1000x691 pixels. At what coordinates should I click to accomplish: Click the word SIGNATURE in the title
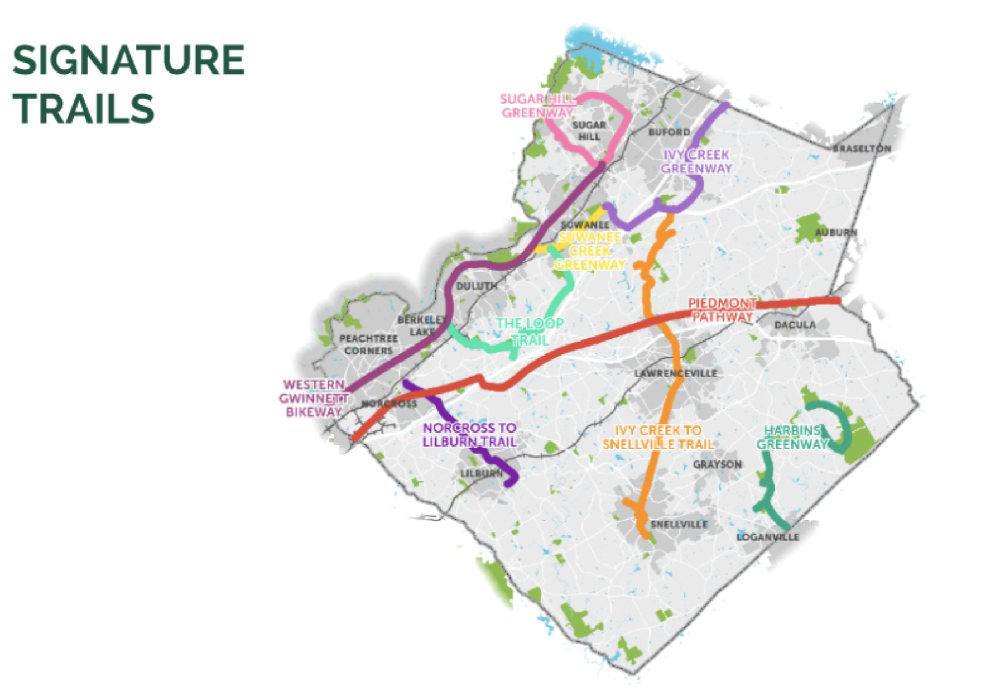[128, 60]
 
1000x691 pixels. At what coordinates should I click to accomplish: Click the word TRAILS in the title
[84, 109]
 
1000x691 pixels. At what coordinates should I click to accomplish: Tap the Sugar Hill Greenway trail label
[536, 106]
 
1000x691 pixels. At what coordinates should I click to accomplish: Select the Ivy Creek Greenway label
[696, 162]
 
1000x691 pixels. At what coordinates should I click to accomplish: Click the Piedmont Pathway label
[722, 310]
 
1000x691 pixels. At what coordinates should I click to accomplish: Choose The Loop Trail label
[530, 332]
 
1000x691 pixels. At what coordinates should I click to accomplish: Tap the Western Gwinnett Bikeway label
[314, 399]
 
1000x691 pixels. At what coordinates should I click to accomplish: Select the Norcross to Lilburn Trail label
[469, 435]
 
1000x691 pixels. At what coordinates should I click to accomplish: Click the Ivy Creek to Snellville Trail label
[658, 437]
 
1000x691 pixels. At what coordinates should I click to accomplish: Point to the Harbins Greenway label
[792, 438]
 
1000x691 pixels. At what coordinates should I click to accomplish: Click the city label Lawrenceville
[676, 373]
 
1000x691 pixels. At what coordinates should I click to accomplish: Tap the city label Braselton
[862, 148]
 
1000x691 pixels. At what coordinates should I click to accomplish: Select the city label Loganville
[767, 537]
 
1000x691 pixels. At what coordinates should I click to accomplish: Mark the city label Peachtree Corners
[368, 344]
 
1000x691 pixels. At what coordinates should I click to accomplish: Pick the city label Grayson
[717, 464]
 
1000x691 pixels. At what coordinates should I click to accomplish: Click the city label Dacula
[795, 325]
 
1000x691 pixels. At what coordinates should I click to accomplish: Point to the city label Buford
[669, 132]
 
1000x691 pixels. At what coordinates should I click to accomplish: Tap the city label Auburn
[835, 232]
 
